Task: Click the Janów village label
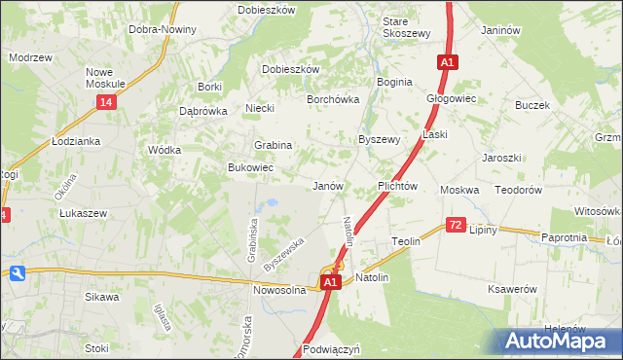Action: pyautogui.click(x=326, y=185)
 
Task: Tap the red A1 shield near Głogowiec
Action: pyautogui.click(x=447, y=62)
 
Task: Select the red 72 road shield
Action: pyautogui.click(x=456, y=225)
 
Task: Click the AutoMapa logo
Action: pyautogui.click(x=563, y=341)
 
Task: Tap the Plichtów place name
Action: pyautogui.click(x=397, y=185)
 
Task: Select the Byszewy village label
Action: pyautogui.click(x=380, y=139)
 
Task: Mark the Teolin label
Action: pyautogui.click(x=405, y=240)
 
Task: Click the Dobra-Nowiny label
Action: pyautogui.click(x=163, y=29)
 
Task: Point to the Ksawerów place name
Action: pyautogui.click(x=513, y=289)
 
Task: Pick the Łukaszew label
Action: pyautogui.click(x=82, y=212)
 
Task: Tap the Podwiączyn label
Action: pyautogui.click(x=332, y=348)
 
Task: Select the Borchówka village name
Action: pyautogui.click(x=333, y=99)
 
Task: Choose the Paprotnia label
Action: pyautogui.click(x=564, y=236)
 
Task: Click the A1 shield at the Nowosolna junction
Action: pyautogui.click(x=331, y=282)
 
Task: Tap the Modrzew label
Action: pyautogui.click(x=30, y=57)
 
